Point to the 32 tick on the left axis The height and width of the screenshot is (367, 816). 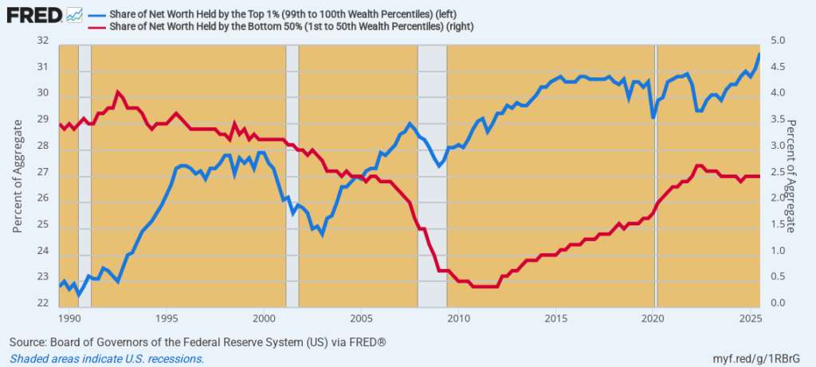43,41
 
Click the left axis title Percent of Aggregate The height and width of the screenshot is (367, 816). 18,172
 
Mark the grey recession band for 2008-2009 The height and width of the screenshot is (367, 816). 432,175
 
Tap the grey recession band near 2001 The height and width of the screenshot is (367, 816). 292,175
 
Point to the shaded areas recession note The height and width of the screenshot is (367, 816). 107,358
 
